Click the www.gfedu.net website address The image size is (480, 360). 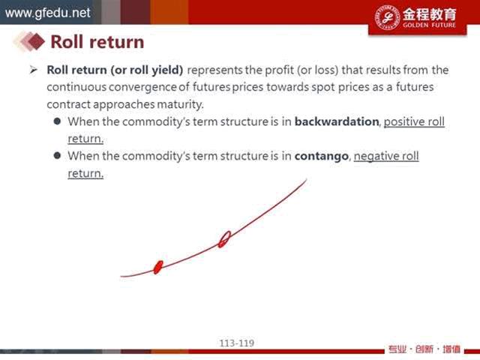click(48, 13)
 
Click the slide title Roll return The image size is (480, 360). click(97, 42)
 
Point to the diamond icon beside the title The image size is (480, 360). click(36, 41)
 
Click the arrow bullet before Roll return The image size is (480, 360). click(33, 70)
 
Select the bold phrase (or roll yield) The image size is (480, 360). click(147, 70)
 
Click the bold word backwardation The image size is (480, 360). click(337, 121)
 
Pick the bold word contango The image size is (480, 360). click(322, 156)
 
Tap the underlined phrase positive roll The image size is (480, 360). click(414, 121)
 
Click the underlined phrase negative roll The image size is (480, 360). click(386, 156)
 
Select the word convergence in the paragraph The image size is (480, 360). click(142, 87)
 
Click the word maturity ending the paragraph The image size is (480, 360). click(180, 104)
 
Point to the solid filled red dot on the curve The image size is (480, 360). click(158, 267)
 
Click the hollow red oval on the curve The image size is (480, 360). click(224, 239)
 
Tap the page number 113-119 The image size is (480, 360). click(237, 343)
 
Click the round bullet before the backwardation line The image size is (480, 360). click(57, 121)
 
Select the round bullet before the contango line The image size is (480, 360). click(57, 155)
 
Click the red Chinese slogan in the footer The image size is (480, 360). click(424, 349)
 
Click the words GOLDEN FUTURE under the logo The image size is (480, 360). click(429, 25)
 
